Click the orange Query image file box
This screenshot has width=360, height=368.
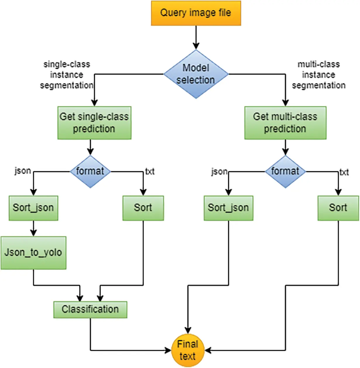(x=196, y=13)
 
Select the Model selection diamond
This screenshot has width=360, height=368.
(x=196, y=74)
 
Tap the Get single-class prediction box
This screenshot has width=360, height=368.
(x=94, y=123)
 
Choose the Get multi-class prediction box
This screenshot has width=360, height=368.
(x=285, y=123)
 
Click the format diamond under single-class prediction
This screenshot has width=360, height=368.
(x=90, y=171)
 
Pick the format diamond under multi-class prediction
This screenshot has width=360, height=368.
(x=285, y=171)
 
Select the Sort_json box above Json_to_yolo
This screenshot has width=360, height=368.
(x=33, y=208)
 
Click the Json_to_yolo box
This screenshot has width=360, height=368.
(x=33, y=253)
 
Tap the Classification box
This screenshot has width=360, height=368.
(x=90, y=309)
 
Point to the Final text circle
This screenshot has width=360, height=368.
(x=188, y=350)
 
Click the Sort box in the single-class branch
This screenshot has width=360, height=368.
(x=143, y=208)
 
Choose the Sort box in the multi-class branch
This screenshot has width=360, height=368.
(x=338, y=208)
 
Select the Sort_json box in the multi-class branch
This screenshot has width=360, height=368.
(x=228, y=208)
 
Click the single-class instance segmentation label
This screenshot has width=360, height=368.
(x=67, y=75)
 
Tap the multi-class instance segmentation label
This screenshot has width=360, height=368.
(x=318, y=75)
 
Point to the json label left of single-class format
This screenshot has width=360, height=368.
(x=23, y=171)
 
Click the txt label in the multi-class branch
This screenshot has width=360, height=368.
(x=344, y=172)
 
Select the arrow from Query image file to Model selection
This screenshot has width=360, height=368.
(x=196, y=37)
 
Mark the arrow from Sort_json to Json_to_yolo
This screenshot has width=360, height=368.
(x=33, y=228)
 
